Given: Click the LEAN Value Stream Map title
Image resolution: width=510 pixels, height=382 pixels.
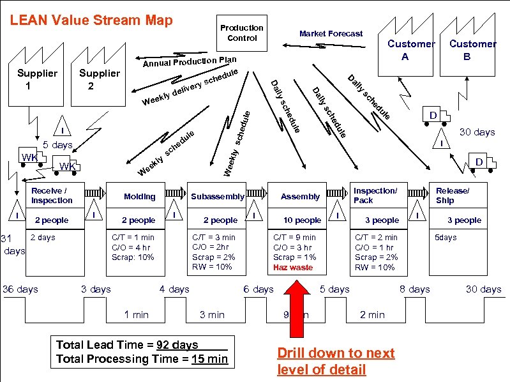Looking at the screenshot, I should [91, 20].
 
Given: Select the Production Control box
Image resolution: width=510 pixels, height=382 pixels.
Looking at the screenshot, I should [241, 33].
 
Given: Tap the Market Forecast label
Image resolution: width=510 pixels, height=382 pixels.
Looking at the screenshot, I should [331, 33].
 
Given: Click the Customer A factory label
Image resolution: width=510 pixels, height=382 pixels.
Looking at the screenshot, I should [410, 49].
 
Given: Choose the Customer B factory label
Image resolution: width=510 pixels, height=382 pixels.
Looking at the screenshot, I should [472, 49].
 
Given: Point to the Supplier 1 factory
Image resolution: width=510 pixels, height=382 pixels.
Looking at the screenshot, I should [37, 79].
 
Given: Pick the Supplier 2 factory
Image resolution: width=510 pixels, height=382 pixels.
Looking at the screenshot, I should [99, 79].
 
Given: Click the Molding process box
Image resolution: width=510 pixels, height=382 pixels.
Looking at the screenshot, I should [139, 197].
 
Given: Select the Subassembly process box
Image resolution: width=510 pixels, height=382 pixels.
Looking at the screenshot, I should [218, 197].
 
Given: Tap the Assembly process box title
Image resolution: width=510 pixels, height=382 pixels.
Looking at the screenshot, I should [300, 197].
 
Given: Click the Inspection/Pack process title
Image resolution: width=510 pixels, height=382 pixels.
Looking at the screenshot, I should [375, 195].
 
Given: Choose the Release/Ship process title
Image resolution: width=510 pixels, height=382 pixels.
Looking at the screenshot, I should [452, 195].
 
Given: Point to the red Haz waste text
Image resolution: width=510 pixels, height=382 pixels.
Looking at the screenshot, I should [293, 268].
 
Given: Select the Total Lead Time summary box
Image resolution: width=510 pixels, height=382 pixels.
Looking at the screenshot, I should [142, 352].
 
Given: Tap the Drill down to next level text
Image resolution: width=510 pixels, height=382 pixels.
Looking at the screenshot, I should [336, 361].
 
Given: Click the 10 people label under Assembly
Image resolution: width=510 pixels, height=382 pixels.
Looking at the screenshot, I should [302, 220].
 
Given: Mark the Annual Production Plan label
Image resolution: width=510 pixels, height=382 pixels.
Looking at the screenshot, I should [189, 62].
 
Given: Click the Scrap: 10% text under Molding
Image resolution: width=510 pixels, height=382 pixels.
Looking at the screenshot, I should [132, 257].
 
